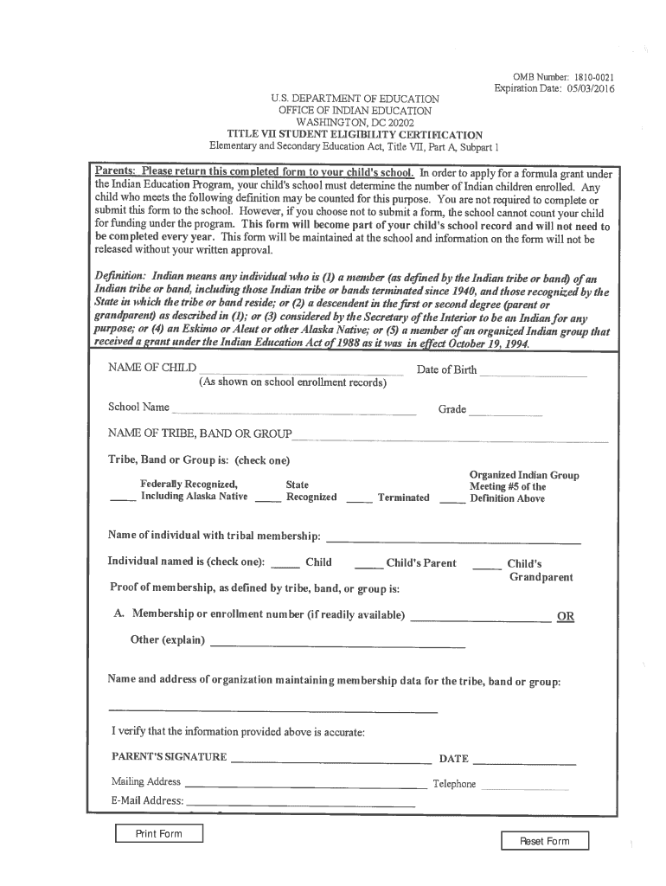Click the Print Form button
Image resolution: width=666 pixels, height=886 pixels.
click(x=159, y=834)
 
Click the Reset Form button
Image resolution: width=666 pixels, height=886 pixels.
click(x=544, y=841)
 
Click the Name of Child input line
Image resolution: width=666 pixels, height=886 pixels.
click(x=301, y=371)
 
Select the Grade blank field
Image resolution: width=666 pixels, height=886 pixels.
click(x=504, y=413)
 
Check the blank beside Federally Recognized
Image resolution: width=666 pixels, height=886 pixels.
click(x=122, y=499)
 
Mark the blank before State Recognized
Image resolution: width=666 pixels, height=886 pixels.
click(x=268, y=499)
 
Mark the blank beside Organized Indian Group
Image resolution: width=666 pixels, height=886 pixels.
click(x=451, y=499)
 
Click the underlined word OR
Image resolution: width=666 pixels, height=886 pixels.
click(x=566, y=616)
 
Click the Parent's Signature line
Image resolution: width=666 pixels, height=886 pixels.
click(x=331, y=761)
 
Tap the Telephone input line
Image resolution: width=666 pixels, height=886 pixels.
click(x=524, y=786)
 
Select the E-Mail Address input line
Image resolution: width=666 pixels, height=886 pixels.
click(x=301, y=803)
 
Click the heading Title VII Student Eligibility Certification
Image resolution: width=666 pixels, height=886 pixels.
click(x=355, y=134)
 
